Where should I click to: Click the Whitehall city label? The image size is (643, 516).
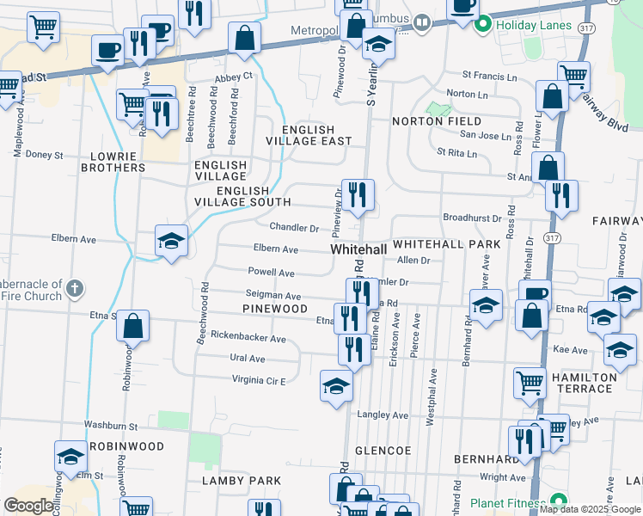(358, 249)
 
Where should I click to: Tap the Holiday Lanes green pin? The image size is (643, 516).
(483, 24)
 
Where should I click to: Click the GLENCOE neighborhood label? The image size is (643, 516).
(383, 451)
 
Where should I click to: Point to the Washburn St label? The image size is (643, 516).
(111, 426)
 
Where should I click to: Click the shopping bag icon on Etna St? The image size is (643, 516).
(132, 327)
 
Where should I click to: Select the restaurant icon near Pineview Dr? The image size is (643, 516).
(357, 193)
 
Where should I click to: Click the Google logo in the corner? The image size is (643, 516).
(29, 505)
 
